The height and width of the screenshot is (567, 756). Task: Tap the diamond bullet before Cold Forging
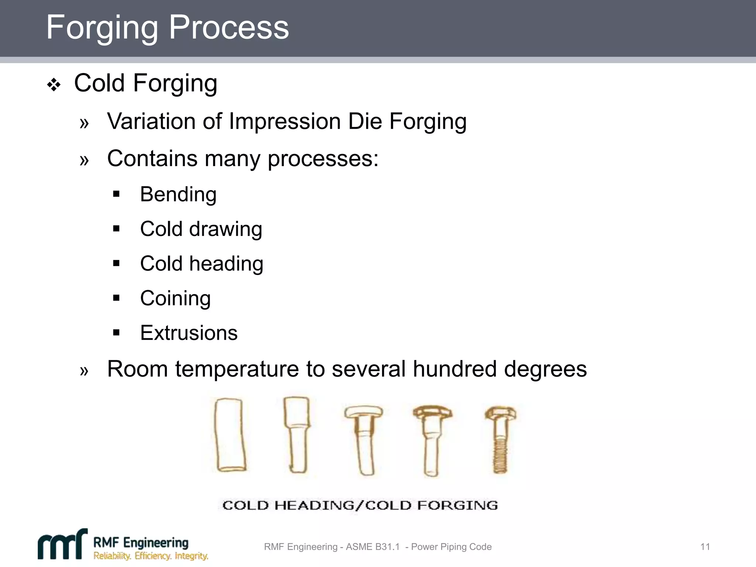pos(54,85)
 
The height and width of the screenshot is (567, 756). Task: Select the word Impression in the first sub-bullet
pos(285,121)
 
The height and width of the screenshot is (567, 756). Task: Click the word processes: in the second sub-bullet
pos(323,159)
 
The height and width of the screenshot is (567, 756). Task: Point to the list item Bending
pos(178,195)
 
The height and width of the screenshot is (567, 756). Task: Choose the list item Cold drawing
pos(201,229)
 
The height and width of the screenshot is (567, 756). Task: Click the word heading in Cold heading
pos(226,264)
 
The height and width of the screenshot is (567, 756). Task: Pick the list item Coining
pos(175,298)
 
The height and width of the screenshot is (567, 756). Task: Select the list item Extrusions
pos(189,333)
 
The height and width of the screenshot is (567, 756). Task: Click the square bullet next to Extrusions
pos(117,333)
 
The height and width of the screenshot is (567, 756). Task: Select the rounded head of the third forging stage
pos(363,412)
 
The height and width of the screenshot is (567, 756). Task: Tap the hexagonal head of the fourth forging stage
pos(432,412)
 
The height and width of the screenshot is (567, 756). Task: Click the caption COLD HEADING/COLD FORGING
pos(360,505)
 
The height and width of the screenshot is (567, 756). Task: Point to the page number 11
pos(705,547)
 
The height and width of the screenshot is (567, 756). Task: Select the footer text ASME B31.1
pos(372,547)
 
